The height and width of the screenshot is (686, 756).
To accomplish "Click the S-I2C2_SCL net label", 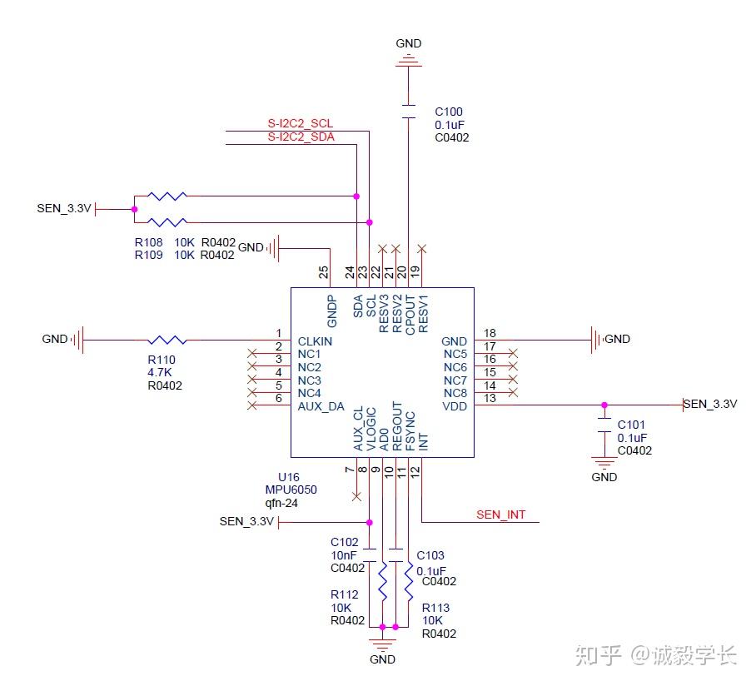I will [x=300, y=124].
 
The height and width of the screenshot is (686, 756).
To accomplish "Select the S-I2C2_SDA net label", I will [x=301, y=137].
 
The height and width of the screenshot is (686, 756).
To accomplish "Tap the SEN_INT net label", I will [x=500, y=514].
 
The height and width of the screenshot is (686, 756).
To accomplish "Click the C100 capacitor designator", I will [x=449, y=112].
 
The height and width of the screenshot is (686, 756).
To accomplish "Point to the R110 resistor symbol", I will [x=167, y=340].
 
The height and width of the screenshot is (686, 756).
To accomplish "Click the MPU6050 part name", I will [x=285, y=490].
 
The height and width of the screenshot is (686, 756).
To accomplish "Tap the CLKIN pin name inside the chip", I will [x=316, y=341].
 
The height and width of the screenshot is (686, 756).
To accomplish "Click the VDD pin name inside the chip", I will [x=455, y=405].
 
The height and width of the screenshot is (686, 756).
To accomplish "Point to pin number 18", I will [x=490, y=333].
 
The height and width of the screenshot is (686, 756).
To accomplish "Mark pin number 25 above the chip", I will [x=324, y=271].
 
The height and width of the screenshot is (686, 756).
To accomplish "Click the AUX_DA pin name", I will [x=321, y=406].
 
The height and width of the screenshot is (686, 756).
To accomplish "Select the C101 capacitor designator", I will [x=631, y=424].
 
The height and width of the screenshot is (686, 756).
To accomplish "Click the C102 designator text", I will [x=344, y=542].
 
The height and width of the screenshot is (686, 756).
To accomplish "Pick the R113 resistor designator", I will [x=436, y=608].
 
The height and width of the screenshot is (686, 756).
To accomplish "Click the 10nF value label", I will [x=343, y=555].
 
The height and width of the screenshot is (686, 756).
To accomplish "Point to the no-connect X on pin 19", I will [x=422, y=248].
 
